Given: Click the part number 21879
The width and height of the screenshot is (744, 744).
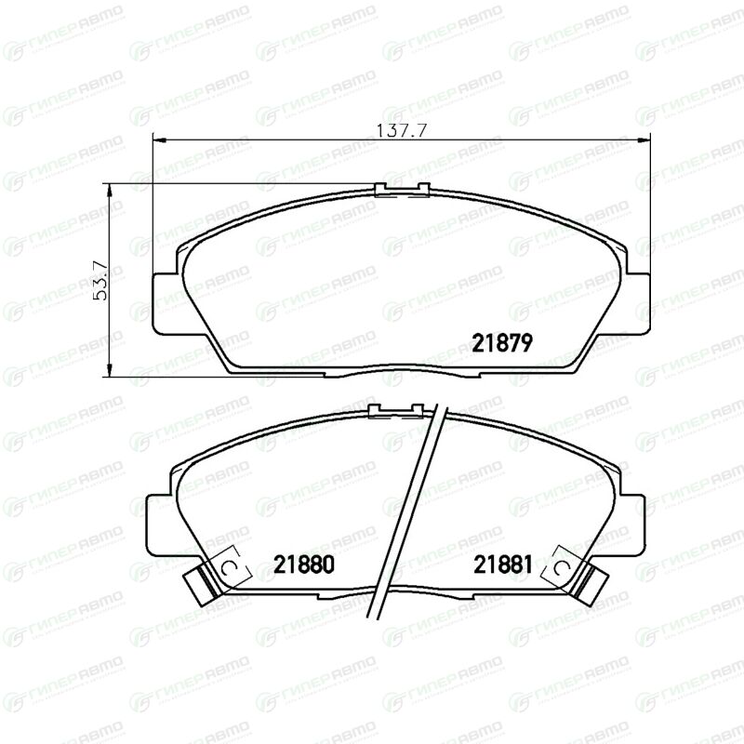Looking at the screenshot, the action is coord(502,342).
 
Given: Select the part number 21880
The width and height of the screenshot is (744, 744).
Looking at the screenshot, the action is coord(304,565).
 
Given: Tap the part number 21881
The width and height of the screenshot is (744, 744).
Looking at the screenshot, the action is coord(503,565).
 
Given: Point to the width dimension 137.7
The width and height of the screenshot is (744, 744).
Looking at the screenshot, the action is coord(402,130).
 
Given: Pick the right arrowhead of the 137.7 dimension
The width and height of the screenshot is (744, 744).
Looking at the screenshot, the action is coord(644,140).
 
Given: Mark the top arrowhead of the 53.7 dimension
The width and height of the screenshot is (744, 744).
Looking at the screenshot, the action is coord(110,191).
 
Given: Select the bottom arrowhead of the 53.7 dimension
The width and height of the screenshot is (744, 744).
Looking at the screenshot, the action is coord(110,370).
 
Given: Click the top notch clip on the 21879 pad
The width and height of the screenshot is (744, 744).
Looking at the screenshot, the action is coord(402,190).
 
